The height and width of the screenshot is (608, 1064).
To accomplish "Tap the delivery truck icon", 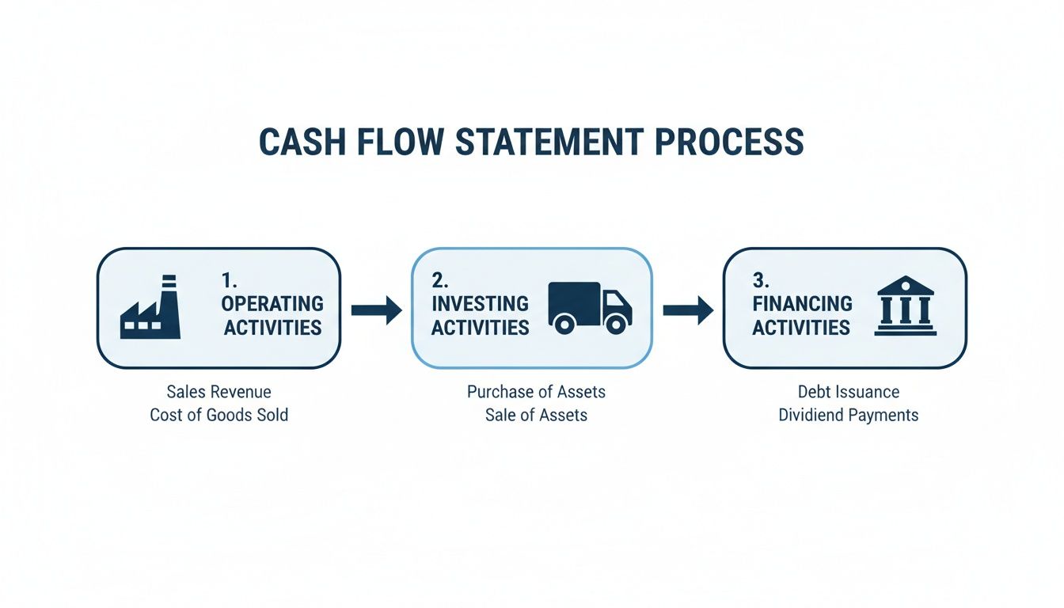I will click(x=590, y=307).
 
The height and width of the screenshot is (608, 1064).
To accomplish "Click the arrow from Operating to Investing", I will click(x=376, y=309).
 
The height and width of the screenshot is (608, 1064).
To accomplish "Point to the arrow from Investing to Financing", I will click(x=687, y=309).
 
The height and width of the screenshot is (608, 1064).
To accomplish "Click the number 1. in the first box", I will click(x=230, y=279).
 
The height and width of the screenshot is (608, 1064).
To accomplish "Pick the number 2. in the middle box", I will click(x=440, y=279).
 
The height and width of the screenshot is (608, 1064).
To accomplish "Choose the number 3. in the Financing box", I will click(x=761, y=279).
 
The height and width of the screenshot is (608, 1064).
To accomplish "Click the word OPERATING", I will click(x=272, y=303).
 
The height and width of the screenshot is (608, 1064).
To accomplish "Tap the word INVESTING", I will click(x=480, y=303).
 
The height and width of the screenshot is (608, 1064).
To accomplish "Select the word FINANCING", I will click(x=802, y=303).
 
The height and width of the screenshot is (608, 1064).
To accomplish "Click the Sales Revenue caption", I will click(x=218, y=392).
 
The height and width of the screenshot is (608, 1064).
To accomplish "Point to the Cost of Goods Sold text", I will click(x=218, y=415).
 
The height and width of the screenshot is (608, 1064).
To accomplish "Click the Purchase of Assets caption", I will click(x=536, y=392).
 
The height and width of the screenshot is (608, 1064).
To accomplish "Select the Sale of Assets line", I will click(x=536, y=415).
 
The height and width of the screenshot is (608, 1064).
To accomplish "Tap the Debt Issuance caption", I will click(x=848, y=392).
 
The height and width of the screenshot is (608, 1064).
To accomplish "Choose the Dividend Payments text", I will click(x=848, y=415).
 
